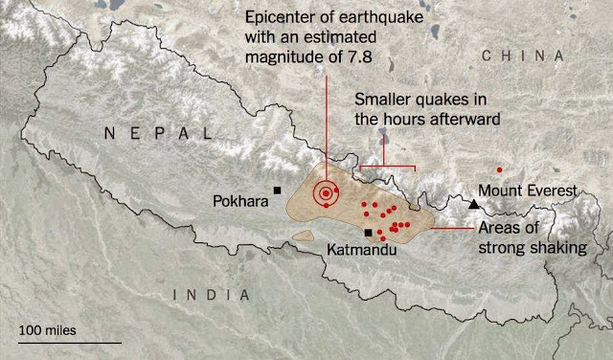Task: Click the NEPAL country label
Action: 161,133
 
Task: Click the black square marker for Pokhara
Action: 278,191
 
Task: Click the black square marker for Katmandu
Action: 369,233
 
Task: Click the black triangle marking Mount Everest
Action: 474,205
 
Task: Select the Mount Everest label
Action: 529,191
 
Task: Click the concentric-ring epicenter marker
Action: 327,193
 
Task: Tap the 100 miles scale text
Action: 47,329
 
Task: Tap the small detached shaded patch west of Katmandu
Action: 304,234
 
